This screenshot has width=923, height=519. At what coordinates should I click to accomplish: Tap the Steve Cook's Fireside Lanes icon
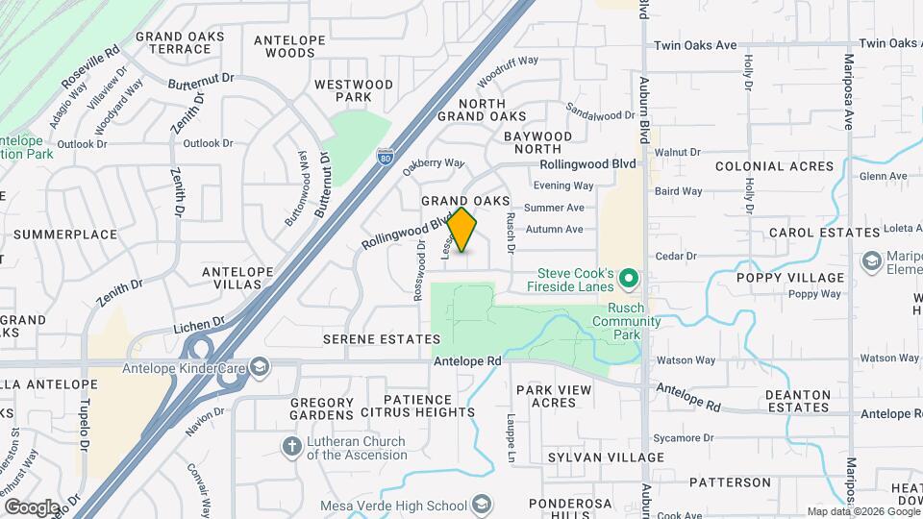point(630,279)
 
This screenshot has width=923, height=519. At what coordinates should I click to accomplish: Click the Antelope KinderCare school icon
point(259,367)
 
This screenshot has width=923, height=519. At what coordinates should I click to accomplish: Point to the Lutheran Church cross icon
point(291,447)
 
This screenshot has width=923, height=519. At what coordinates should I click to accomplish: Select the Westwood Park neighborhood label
point(354,90)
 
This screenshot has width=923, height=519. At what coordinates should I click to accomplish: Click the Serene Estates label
point(382,339)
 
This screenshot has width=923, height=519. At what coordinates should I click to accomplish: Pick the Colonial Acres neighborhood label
point(774,166)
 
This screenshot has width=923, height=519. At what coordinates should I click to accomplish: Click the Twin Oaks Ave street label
point(695,45)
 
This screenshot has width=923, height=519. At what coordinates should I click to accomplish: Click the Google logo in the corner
point(32,507)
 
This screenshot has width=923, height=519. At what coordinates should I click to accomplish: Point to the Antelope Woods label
point(284,46)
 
